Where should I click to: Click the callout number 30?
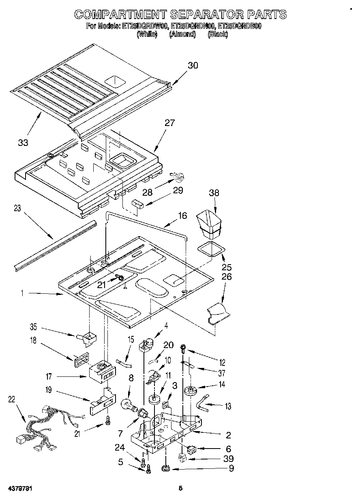pyautogui.click(x=193, y=65)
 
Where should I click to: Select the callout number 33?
pyautogui.click(x=23, y=142)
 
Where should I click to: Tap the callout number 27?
pyautogui.click(x=169, y=123)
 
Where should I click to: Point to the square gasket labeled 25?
pyautogui.click(x=211, y=250)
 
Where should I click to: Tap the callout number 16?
pyautogui.click(x=182, y=216)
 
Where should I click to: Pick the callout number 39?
pyautogui.click(x=229, y=458)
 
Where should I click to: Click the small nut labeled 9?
pyautogui.click(x=166, y=469)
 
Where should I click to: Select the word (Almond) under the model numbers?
pyautogui.click(x=182, y=34)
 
